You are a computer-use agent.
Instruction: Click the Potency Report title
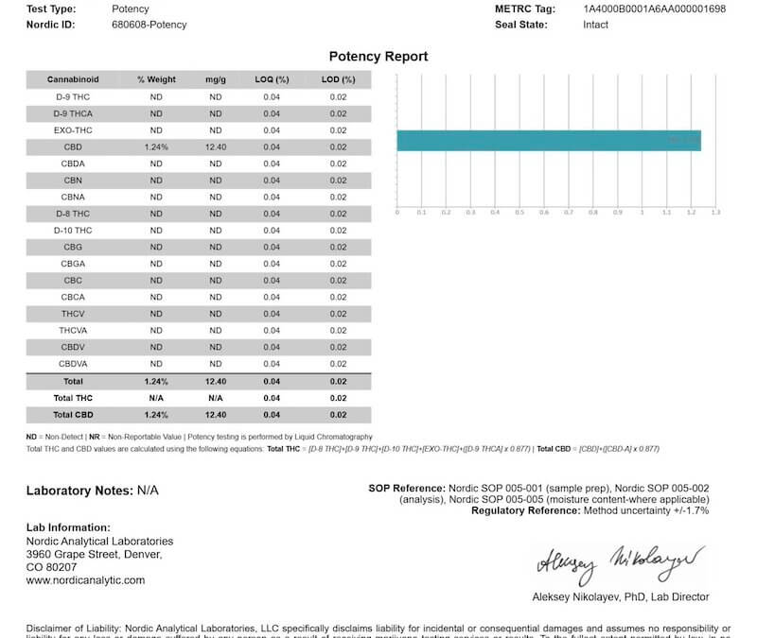(x=378, y=57)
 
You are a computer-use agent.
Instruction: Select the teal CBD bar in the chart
(x=548, y=141)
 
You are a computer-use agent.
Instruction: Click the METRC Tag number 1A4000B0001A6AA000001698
(x=654, y=9)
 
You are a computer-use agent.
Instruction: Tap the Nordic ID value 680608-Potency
(x=149, y=25)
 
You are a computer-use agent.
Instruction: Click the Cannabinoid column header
(x=73, y=79)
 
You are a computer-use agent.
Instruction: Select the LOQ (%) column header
(x=272, y=79)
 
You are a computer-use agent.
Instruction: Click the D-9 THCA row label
(x=73, y=113)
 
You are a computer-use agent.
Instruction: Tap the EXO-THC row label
(x=73, y=129)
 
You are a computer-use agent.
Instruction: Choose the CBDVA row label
(x=73, y=364)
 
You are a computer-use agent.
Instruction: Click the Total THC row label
(x=73, y=398)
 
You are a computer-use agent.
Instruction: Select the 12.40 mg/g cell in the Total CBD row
(x=215, y=414)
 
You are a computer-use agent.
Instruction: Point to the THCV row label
(x=73, y=314)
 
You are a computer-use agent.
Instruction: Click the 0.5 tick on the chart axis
(x=519, y=213)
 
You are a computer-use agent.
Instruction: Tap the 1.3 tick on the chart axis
(x=715, y=213)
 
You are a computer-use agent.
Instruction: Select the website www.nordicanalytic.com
(x=85, y=580)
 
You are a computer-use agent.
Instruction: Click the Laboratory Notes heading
(x=79, y=491)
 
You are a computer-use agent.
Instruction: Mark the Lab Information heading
(x=68, y=527)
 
